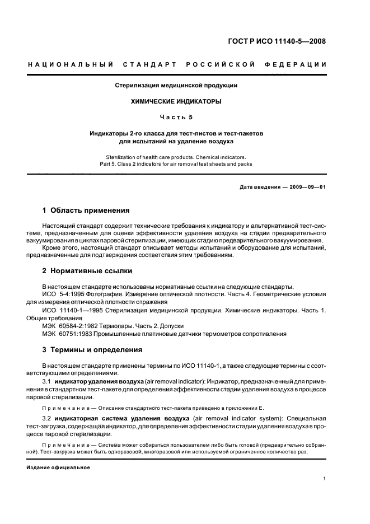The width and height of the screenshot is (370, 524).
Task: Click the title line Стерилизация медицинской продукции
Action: [176, 86]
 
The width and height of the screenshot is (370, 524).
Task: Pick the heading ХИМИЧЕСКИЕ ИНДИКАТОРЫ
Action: [176, 102]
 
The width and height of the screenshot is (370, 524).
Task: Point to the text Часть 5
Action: [176, 118]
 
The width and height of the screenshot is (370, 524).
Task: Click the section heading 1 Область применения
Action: [86, 210]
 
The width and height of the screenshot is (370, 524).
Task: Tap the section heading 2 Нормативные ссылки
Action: [88, 271]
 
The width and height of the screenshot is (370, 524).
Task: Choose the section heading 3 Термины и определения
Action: [92, 350]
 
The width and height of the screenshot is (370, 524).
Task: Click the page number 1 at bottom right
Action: [325, 479]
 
